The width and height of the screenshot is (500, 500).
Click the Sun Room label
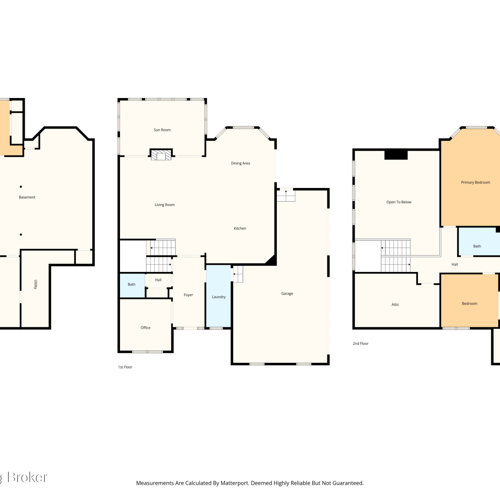(x=162, y=130)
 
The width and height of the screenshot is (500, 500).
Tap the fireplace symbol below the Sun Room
(x=161, y=154)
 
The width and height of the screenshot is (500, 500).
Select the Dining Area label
(x=240, y=163)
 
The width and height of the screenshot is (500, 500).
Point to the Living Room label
(x=165, y=205)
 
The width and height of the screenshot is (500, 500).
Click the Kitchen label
(x=240, y=228)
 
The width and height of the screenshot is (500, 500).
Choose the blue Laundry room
(x=219, y=296)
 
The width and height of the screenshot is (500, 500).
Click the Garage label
(x=287, y=294)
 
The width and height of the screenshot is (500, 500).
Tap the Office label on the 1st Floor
(x=145, y=328)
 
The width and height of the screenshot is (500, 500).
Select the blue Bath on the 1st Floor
(x=132, y=285)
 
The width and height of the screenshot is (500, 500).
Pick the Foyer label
(x=188, y=295)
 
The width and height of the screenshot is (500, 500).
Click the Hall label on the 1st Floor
(x=158, y=280)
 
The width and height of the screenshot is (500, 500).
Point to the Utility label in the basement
(x=36, y=284)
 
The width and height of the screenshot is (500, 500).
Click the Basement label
(x=27, y=197)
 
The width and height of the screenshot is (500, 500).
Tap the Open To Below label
(x=399, y=202)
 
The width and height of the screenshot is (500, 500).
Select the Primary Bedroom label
(x=475, y=182)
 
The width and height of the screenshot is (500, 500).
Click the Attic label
(x=395, y=305)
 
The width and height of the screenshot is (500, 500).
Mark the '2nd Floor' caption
(x=360, y=344)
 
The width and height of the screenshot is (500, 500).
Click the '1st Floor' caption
(x=125, y=367)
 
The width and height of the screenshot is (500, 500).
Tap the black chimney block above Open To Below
(x=396, y=155)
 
